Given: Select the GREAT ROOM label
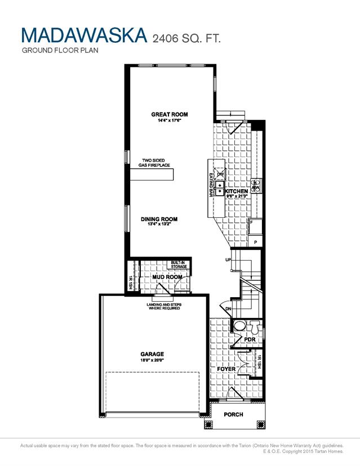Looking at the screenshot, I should [x=169, y=114].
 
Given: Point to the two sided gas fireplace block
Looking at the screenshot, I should [x=152, y=175].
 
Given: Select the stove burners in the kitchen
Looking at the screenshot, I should [x=255, y=186].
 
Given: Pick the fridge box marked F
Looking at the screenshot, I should [x=252, y=223].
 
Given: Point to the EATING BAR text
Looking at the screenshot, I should [x=211, y=185].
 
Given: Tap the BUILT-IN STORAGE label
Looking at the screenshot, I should [x=179, y=265].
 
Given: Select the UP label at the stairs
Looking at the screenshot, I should [x=228, y=260].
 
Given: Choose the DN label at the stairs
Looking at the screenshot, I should [x=228, y=308].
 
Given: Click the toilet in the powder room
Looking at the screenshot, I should [x=254, y=326].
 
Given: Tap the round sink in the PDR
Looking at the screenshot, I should [x=239, y=326].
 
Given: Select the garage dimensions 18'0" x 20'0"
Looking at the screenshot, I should [x=152, y=360].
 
